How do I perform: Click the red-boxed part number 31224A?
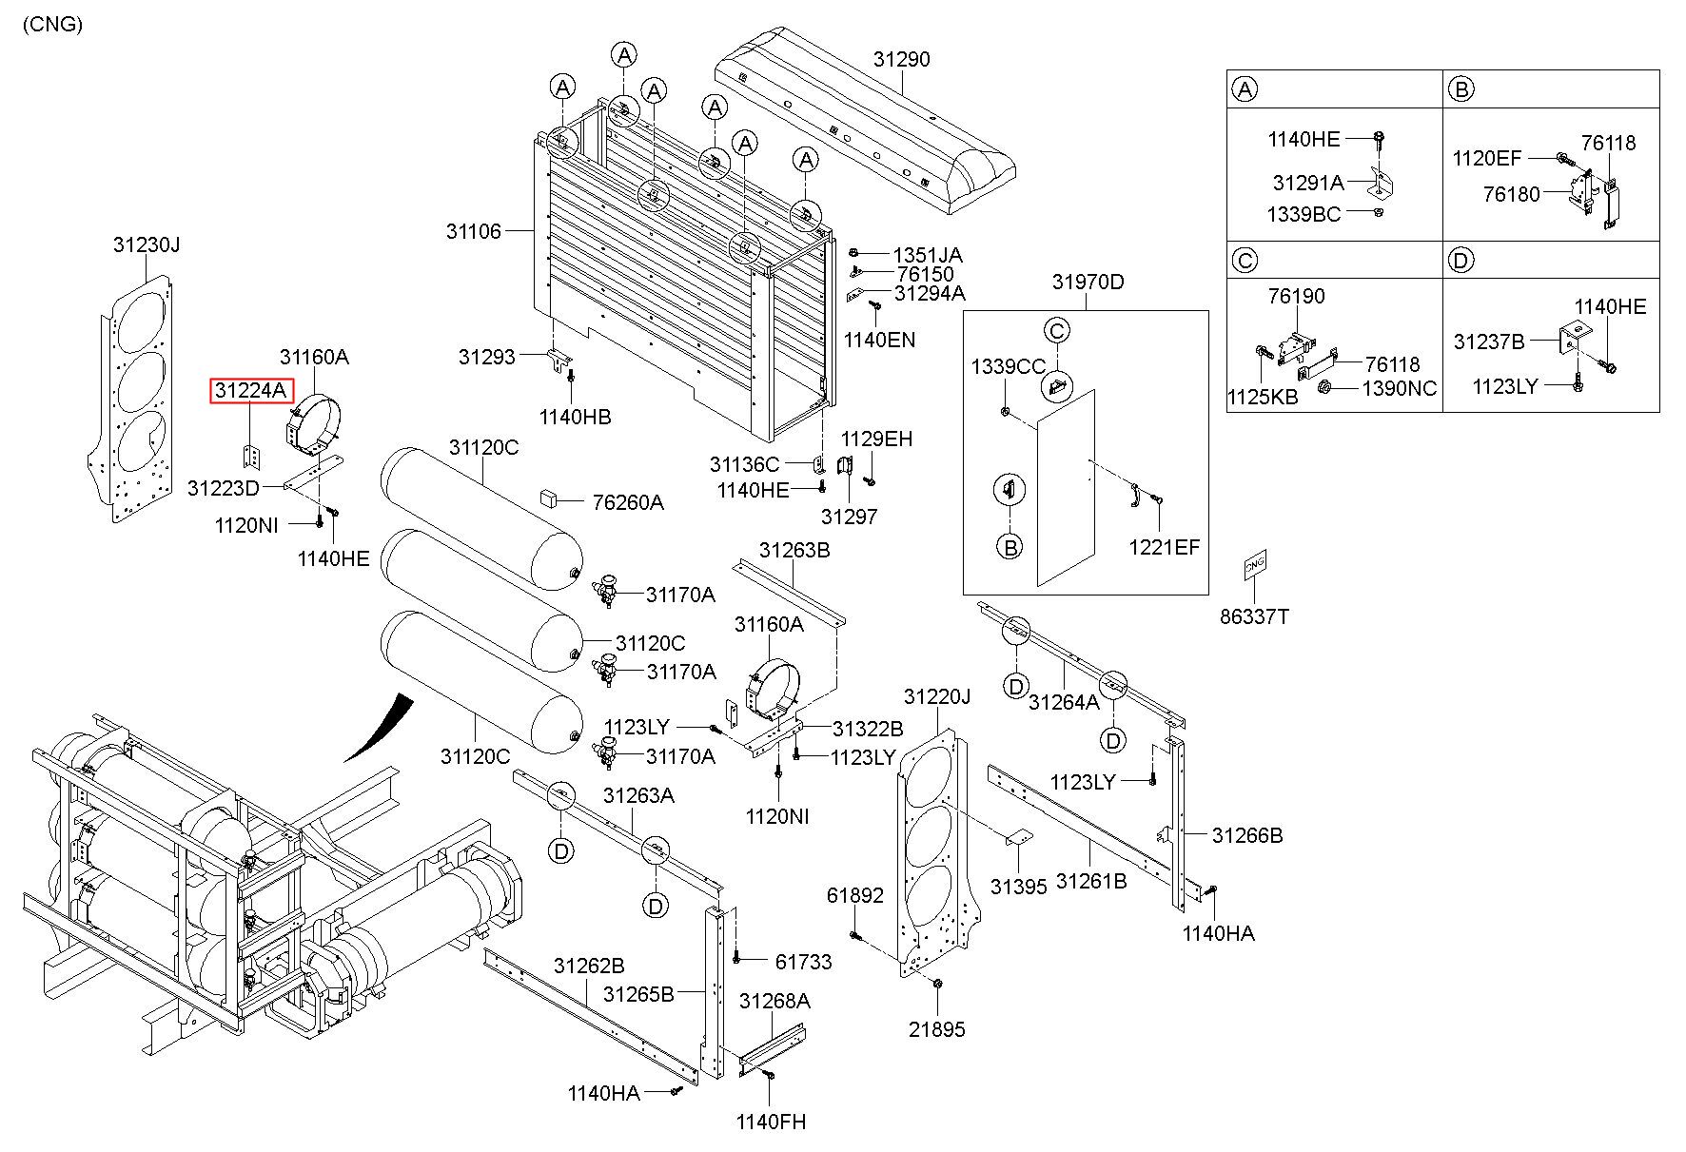pyautogui.click(x=251, y=390)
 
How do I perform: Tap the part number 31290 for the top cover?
pyautogui.click(x=901, y=59)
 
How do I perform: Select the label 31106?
pyautogui.click(x=474, y=231)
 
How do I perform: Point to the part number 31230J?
pyautogui.click(x=147, y=244)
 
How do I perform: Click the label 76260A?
pyautogui.click(x=627, y=502)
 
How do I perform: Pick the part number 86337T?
pyautogui.click(x=1255, y=616)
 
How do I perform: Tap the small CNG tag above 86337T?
pyautogui.click(x=1255, y=564)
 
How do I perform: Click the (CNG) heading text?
pyautogui.click(x=53, y=25)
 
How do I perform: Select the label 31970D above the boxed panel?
pyautogui.click(x=1088, y=282)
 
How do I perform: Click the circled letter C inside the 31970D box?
pyautogui.click(x=1057, y=331)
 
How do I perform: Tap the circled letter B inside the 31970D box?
pyautogui.click(x=1010, y=547)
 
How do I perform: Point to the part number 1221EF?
pyautogui.click(x=1165, y=547)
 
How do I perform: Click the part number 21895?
pyautogui.click(x=936, y=1029)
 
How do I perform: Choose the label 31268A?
pyautogui.click(x=774, y=1001)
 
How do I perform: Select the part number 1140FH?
pyautogui.click(x=771, y=1123)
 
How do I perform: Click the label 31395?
pyautogui.click(x=1018, y=887)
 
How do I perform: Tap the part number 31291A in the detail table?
pyautogui.click(x=1308, y=183)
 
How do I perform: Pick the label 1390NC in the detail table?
pyautogui.click(x=1399, y=388)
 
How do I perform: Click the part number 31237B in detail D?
pyautogui.click(x=1489, y=342)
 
